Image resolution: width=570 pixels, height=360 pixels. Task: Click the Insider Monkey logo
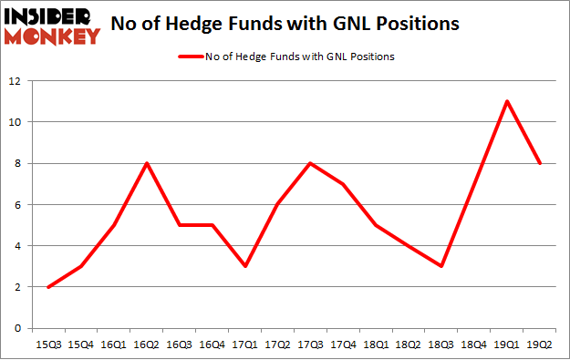[x=52, y=26]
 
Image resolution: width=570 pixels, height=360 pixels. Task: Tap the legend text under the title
[x=302, y=56]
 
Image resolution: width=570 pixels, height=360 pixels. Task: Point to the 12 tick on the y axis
[x=16, y=81]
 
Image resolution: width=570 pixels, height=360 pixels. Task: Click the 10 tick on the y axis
[x=16, y=122]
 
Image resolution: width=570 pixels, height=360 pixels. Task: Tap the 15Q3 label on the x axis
[x=47, y=345]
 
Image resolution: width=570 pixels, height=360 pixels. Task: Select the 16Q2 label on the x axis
[x=146, y=345]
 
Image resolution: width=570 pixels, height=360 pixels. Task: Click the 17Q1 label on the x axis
[x=244, y=345]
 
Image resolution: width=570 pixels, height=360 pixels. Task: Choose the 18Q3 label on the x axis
[x=441, y=345]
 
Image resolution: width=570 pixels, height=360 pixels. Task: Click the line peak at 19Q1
[x=507, y=101]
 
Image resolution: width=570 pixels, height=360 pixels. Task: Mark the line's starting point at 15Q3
[x=47, y=287]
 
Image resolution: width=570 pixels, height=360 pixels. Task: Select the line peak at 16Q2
[x=146, y=163]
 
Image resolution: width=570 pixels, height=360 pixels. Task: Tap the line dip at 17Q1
[x=244, y=266]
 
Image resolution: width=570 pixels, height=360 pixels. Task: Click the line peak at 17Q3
[x=310, y=163]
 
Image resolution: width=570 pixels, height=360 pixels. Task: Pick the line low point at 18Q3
[x=441, y=266]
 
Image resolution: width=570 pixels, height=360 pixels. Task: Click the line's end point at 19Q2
[x=540, y=163]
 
